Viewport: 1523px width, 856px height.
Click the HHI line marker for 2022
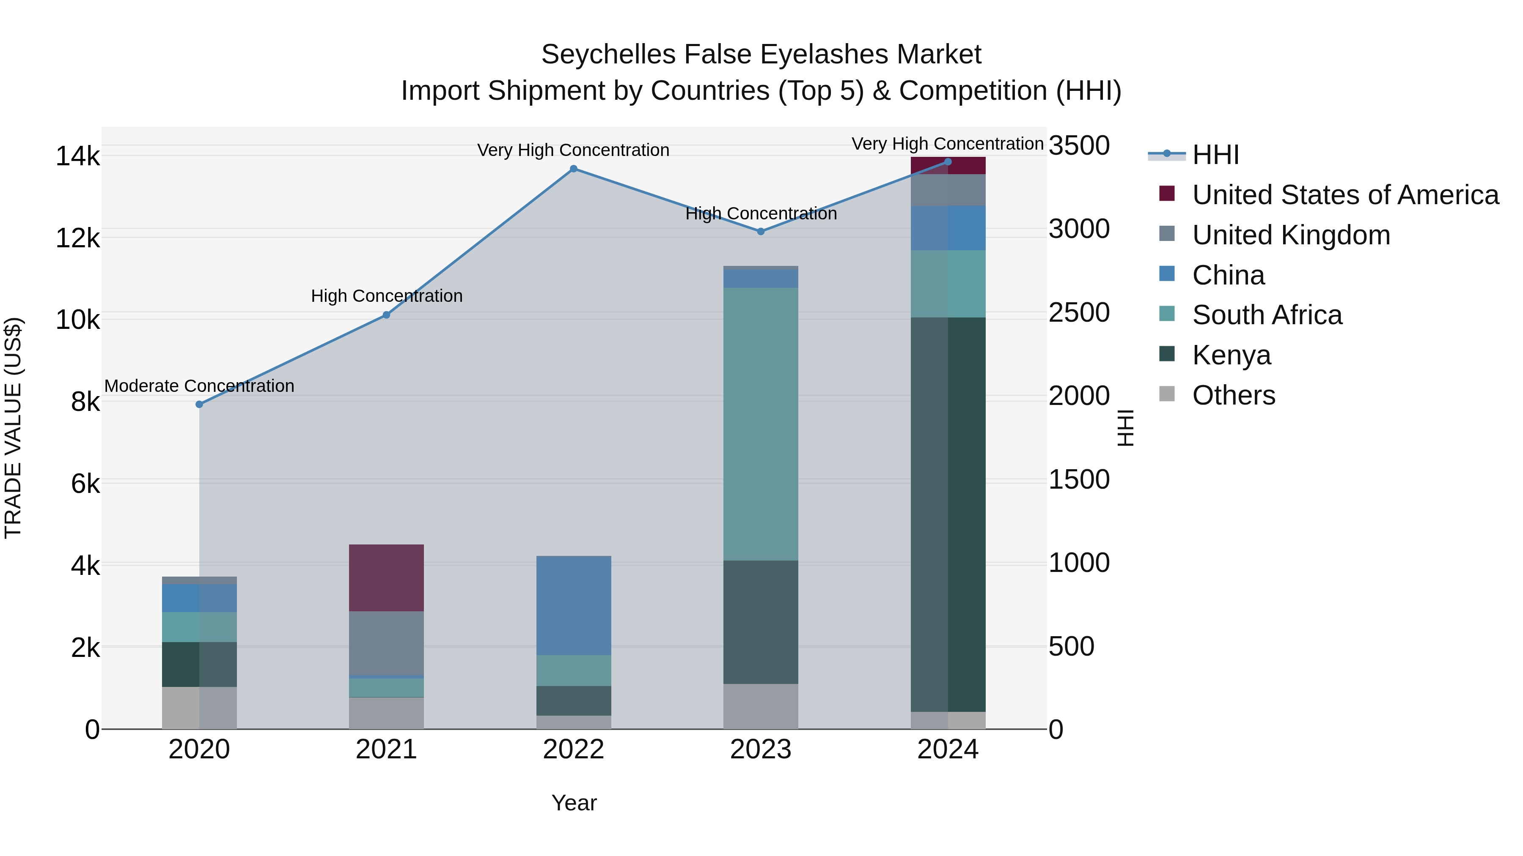[x=574, y=169]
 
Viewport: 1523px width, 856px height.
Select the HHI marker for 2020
[x=199, y=405]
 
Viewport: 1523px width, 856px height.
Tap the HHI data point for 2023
[x=761, y=232]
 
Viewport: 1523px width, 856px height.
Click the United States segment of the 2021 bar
[x=386, y=578]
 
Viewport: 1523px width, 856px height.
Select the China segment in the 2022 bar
[x=574, y=605]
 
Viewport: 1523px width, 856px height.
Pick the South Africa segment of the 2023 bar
[x=761, y=424]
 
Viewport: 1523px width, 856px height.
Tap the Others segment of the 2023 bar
[x=761, y=706]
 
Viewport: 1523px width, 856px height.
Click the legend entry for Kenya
[x=1231, y=355]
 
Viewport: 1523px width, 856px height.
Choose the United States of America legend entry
[x=1345, y=195]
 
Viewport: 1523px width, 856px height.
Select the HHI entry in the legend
[x=1215, y=155]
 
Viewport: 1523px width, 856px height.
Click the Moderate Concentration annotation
[x=199, y=386]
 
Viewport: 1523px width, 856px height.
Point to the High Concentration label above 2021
[x=387, y=296]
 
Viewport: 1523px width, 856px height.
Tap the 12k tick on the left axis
[x=77, y=239]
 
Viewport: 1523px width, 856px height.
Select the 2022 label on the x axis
[x=574, y=749]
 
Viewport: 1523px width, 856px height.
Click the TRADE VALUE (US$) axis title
[x=14, y=428]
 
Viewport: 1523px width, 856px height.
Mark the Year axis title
[x=574, y=803]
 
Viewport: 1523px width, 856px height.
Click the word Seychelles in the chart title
[x=608, y=55]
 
